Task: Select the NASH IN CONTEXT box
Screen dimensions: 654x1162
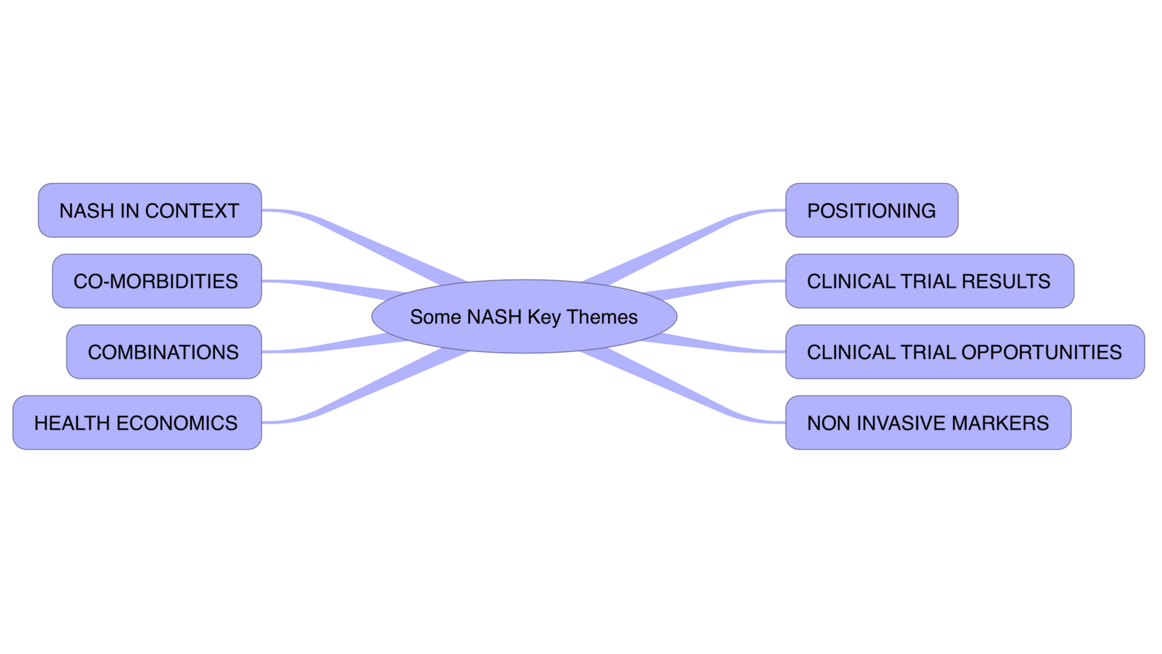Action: point(149,210)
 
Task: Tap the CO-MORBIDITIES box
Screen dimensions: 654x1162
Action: point(156,281)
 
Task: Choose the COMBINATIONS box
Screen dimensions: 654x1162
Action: point(163,352)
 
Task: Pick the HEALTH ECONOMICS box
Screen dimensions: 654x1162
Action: point(137,423)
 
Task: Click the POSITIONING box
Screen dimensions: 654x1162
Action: point(871,210)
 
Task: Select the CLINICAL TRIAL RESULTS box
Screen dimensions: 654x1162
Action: point(929,281)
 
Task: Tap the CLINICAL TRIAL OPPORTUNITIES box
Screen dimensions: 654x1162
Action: point(965,352)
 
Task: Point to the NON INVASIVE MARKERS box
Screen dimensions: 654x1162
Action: point(928,423)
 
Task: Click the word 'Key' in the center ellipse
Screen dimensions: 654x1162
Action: point(544,317)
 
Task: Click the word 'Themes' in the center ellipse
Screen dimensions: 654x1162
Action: point(602,317)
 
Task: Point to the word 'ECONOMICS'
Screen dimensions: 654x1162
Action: point(177,423)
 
